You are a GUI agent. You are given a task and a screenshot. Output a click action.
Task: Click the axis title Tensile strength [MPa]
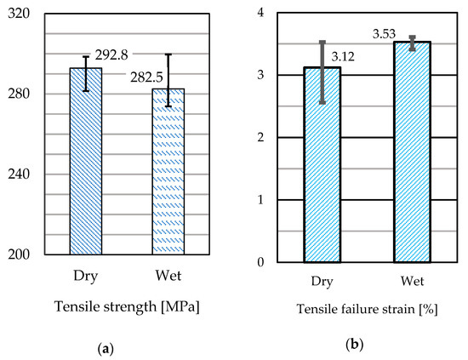[x=126, y=307]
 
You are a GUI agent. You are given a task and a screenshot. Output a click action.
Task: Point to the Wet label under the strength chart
[x=168, y=277]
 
